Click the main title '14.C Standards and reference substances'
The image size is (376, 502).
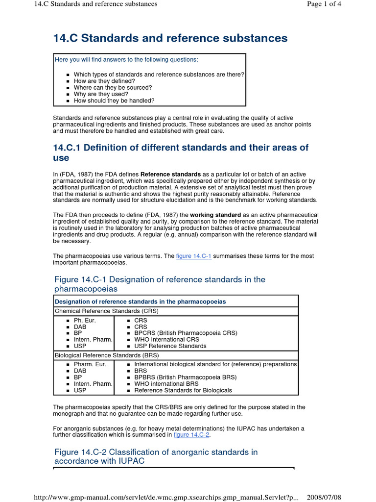pos(170,38)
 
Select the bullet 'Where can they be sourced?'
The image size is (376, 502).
pos(113,88)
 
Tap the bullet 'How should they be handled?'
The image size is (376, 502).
pos(114,100)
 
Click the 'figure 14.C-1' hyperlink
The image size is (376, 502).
pos(193,256)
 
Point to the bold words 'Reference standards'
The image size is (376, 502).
pos(170,174)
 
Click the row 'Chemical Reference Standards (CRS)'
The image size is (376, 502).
pos(106,311)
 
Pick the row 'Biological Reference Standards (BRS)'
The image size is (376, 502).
pos(107,355)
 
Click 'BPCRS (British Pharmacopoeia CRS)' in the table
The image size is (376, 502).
pos(186,333)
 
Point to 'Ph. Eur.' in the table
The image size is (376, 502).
pos(85,320)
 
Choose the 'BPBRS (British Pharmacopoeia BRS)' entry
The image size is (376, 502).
pos(185,377)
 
